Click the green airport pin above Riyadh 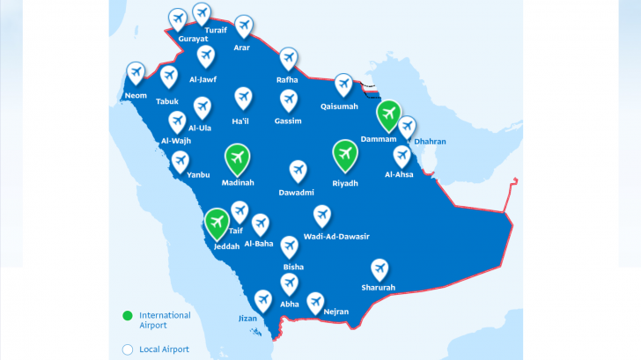[345, 155]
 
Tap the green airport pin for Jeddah [217, 223]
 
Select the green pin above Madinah [236, 158]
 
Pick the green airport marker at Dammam [388, 114]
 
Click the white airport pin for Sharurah [379, 268]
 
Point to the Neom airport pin [136, 73]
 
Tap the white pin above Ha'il [243, 98]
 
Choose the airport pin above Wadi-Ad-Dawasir [322, 215]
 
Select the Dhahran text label [431, 142]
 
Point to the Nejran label [335, 312]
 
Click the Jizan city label [248, 318]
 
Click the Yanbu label [199, 174]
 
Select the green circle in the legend [128, 315]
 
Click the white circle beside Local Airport [128, 349]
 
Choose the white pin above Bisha [288, 245]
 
